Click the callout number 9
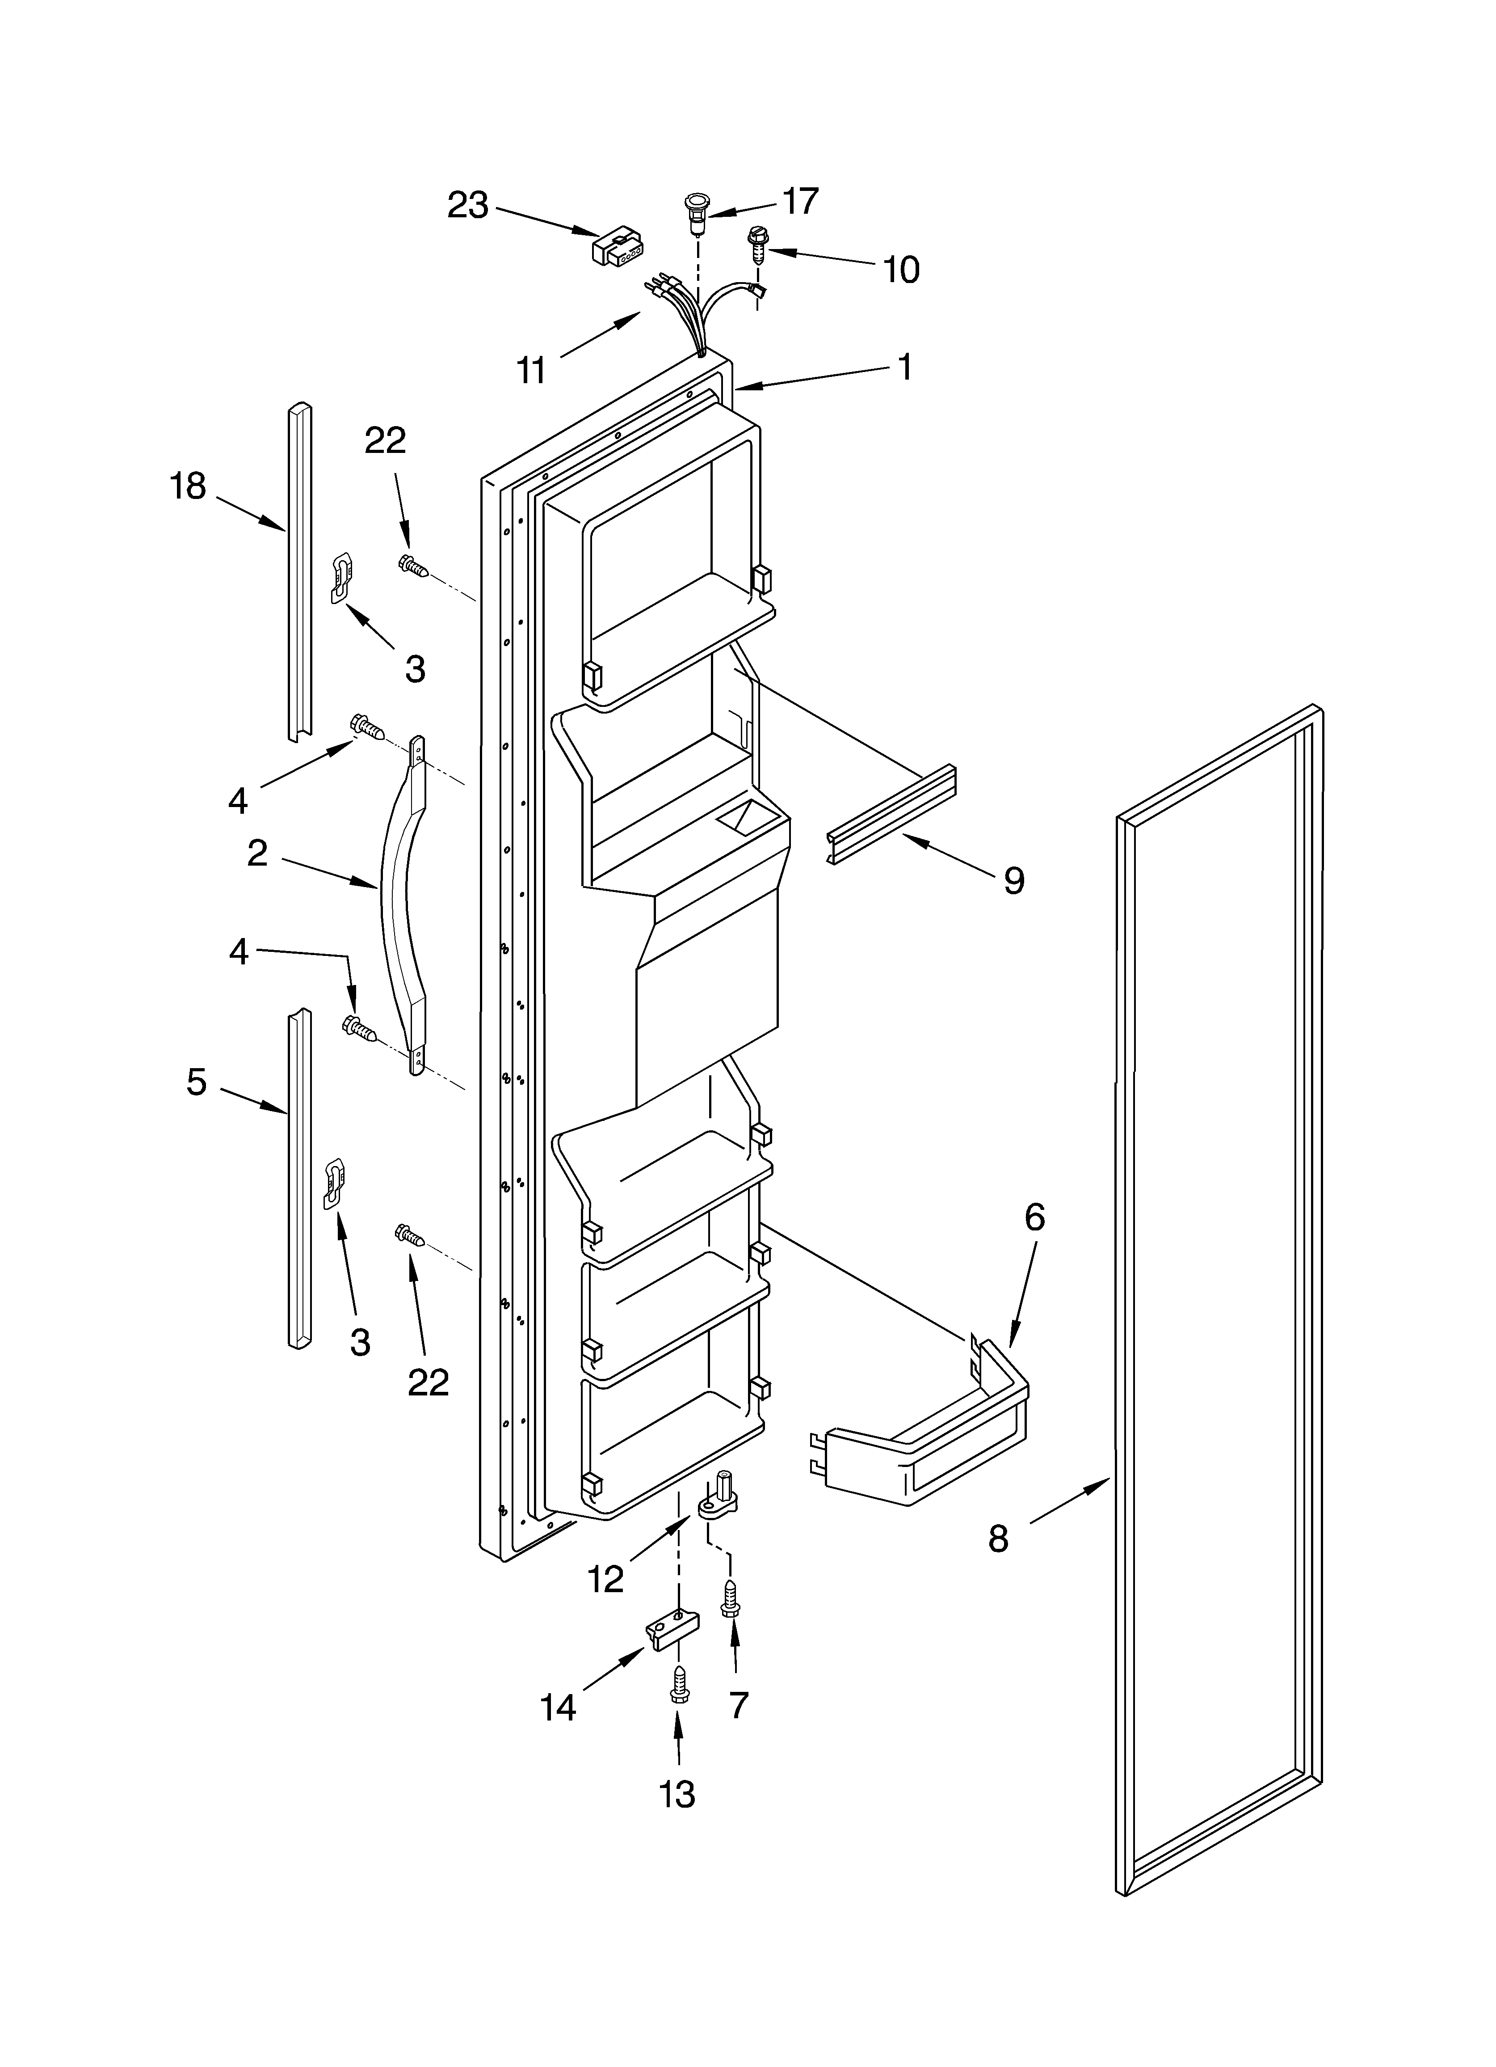(1014, 879)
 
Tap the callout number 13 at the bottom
(677, 1793)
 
